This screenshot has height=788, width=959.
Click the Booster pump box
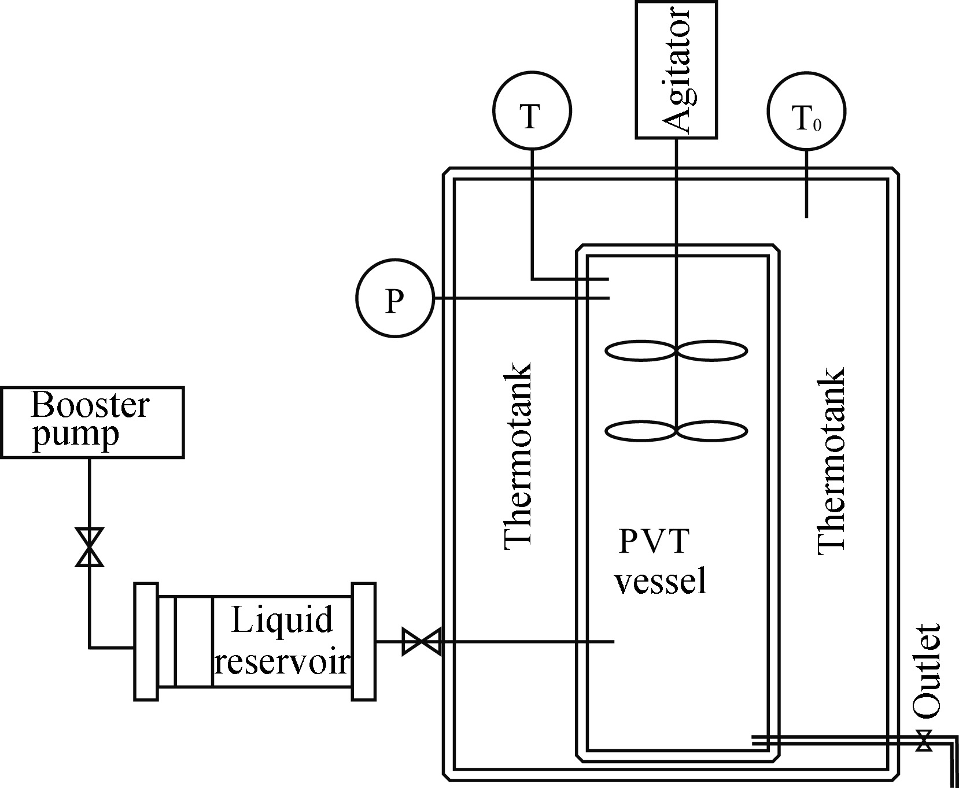tap(92, 423)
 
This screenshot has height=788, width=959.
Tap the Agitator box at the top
tap(676, 70)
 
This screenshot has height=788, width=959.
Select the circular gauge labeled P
tap(394, 298)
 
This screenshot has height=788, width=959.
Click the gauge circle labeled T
tap(532, 110)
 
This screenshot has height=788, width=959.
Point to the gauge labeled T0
tap(806, 110)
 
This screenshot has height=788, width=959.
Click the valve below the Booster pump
tap(90, 546)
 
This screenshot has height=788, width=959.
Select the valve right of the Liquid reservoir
tap(422, 642)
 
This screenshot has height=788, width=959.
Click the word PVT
tap(654, 542)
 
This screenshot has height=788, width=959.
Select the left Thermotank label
tap(518, 455)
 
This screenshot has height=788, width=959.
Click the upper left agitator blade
tap(640, 351)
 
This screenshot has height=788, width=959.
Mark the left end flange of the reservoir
tap(146, 642)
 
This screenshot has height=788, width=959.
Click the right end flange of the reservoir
tap(363, 642)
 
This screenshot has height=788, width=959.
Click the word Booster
tap(90, 405)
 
